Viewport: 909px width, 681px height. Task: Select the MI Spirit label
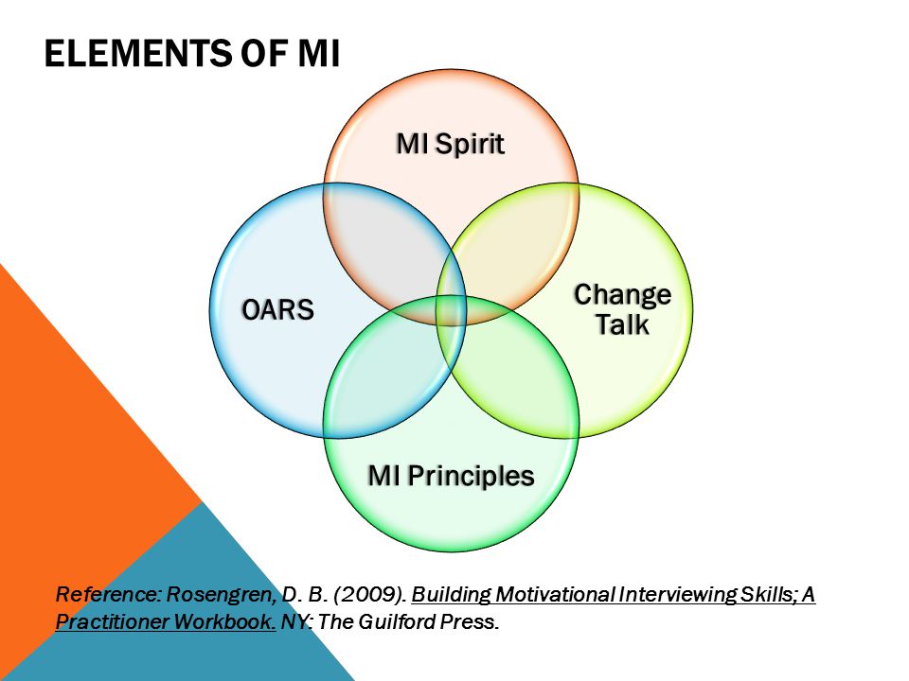(x=451, y=144)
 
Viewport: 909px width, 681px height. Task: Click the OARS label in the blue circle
(x=277, y=309)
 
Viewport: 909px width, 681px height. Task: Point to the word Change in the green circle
(x=623, y=295)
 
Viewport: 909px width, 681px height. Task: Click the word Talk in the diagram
(x=623, y=324)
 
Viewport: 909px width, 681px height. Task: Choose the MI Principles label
(x=451, y=476)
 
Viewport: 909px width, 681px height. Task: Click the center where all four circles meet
(x=451, y=310)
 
